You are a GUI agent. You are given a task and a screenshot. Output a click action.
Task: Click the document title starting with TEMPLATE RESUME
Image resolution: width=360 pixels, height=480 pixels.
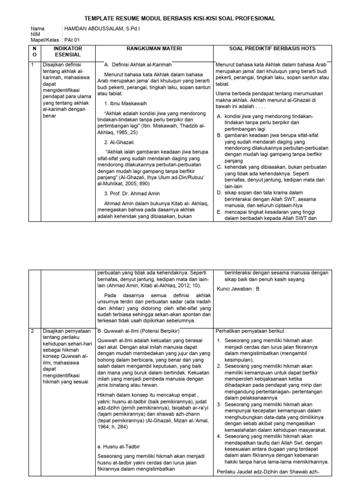coord(180,18)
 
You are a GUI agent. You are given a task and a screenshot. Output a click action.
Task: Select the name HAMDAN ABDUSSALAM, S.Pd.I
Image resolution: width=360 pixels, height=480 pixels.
coord(102,29)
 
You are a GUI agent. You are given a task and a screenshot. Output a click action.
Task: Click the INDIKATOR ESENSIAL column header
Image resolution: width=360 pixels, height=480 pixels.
coord(67,52)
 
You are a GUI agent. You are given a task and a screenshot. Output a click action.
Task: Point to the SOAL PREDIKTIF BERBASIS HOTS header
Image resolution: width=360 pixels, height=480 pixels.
coord(272,49)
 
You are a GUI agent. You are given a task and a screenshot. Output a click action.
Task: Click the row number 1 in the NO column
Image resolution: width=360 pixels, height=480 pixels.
coord(33,65)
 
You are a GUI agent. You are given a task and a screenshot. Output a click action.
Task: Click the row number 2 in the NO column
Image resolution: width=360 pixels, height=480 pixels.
coord(33,331)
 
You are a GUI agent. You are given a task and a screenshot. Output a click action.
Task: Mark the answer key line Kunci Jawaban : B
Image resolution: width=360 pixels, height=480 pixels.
coord(238,289)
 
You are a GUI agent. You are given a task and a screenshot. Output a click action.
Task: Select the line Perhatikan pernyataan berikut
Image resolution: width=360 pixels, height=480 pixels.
coord(251,331)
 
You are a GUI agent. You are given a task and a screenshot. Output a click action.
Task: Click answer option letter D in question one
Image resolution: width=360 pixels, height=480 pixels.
coord(219,193)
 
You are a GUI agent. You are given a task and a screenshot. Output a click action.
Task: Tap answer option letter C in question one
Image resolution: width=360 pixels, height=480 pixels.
coord(219,166)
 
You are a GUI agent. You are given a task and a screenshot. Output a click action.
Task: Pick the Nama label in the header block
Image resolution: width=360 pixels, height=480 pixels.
coord(37,29)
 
